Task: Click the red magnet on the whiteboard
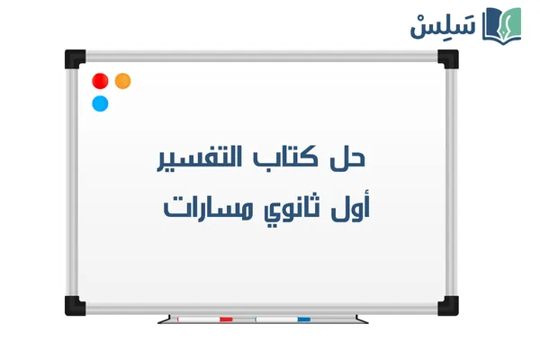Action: (100, 81)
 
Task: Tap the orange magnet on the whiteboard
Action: (123, 81)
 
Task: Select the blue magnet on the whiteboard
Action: (100, 103)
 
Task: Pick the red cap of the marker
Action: (226, 319)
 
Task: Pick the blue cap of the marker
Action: (303, 319)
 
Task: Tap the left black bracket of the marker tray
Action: (163, 319)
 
